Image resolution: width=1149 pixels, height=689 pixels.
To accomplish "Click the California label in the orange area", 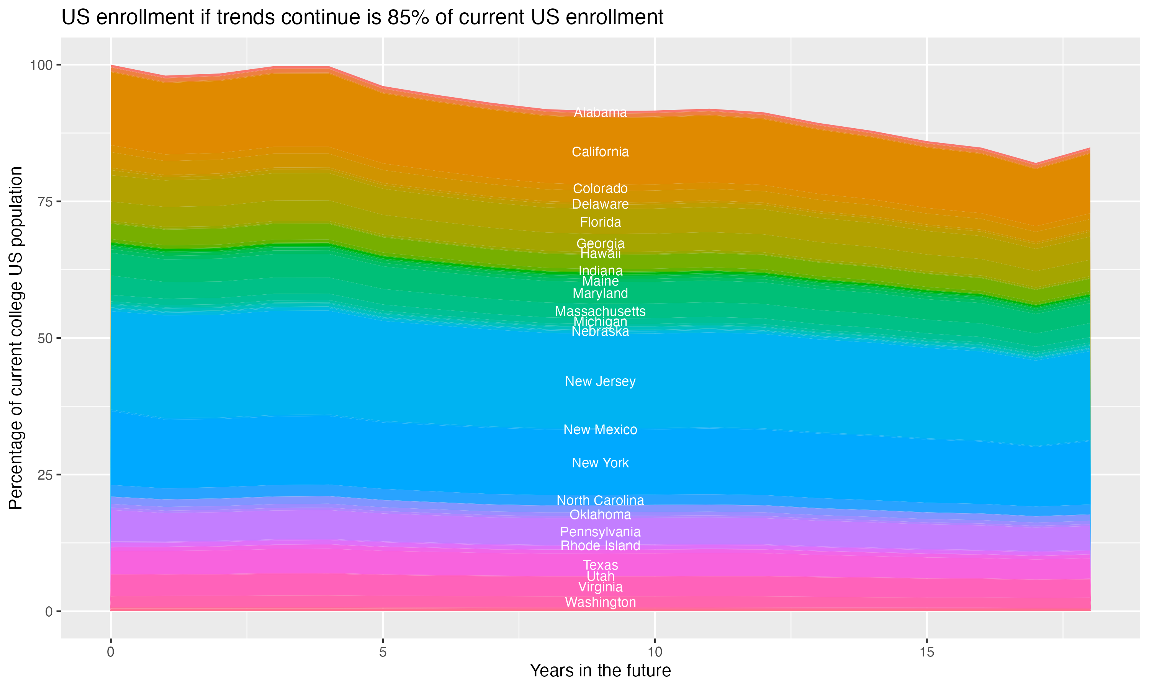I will (600, 152).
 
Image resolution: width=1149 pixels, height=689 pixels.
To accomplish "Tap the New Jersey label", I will (600, 381).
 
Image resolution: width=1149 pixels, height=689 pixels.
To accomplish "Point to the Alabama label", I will (600, 113).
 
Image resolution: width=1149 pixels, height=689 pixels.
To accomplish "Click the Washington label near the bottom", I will (600, 602).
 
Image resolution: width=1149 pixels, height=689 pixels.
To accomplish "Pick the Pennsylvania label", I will (600, 532).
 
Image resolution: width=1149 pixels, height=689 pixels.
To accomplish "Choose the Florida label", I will (600, 222).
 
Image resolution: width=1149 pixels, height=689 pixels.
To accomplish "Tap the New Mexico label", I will (600, 429).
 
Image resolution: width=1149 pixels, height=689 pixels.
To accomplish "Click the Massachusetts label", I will (600, 311).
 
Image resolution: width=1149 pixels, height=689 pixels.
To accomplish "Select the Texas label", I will (600, 565).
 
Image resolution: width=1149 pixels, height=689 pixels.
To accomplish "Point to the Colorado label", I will (600, 188).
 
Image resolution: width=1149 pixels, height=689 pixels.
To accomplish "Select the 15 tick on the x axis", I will (926, 652).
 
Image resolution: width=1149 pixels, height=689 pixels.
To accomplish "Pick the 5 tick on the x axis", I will (383, 652).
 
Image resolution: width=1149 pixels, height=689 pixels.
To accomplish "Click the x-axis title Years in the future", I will (600, 671).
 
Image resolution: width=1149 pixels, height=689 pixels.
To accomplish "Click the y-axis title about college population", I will (16, 338).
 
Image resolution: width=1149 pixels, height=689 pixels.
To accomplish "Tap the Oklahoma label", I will (600, 514).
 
